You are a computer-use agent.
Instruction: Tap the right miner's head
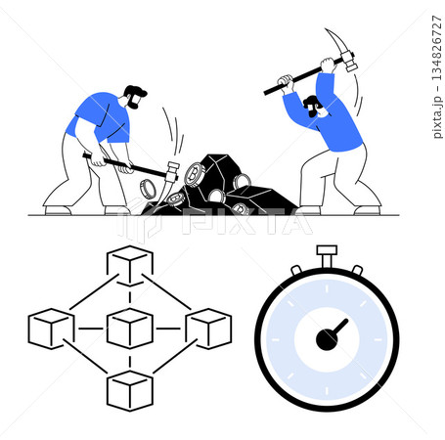(x=311, y=106)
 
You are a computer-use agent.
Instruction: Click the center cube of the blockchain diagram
(x=128, y=329)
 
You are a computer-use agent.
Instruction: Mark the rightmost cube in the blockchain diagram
(x=207, y=329)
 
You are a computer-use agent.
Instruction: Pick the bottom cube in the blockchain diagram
(x=128, y=390)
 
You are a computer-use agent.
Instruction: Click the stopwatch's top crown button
(x=327, y=254)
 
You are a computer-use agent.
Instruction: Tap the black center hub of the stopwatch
(x=326, y=338)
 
